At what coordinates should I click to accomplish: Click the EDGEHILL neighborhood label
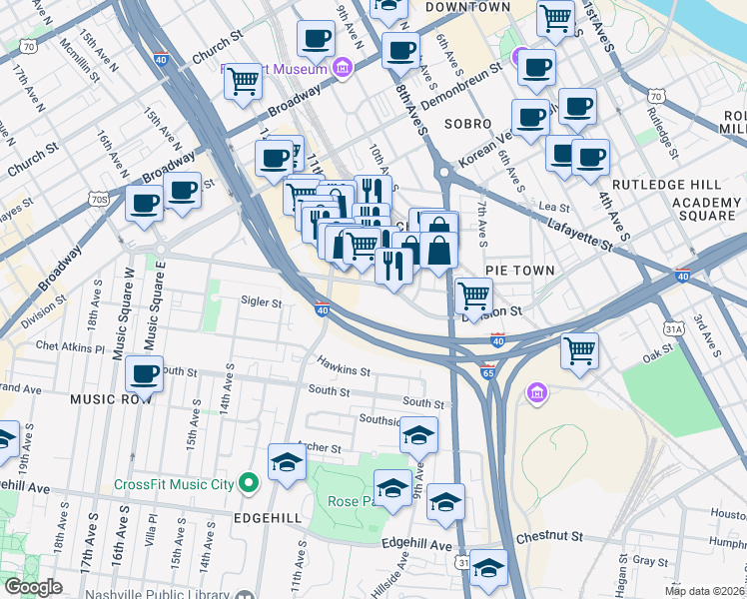click(x=267, y=518)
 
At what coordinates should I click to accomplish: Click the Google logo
click(x=33, y=587)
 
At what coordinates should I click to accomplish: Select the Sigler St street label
click(x=262, y=300)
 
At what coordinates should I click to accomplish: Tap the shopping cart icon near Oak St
click(x=579, y=351)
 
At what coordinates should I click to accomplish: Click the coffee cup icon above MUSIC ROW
click(x=145, y=375)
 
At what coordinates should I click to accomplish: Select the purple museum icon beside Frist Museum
click(x=343, y=68)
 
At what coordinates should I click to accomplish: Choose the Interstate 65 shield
click(x=487, y=372)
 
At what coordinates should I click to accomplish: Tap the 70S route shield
click(x=98, y=199)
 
